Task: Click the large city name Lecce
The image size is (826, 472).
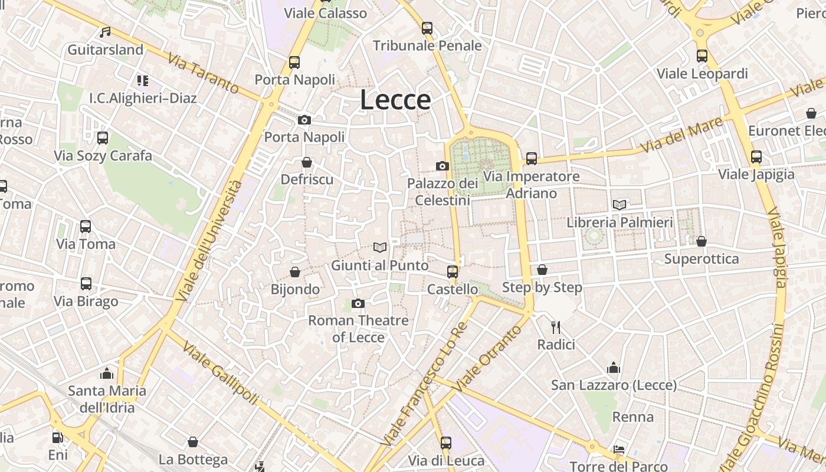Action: click(395, 100)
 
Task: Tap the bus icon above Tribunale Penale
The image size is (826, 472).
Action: click(427, 28)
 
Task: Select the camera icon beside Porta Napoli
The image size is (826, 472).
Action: click(304, 120)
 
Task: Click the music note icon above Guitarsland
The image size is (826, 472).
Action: click(105, 32)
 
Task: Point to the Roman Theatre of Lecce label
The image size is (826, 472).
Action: click(358, 329)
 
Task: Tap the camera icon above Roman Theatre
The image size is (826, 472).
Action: click(358, 303)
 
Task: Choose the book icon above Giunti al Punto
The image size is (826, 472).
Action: click(380, 248)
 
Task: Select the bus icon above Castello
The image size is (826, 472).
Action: click(453, 271)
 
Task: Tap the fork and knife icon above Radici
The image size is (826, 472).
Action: click(555, 327)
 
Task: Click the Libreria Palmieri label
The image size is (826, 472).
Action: click(619, 222)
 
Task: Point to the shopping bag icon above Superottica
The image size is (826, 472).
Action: click(702, 241)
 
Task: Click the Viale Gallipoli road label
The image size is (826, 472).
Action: click(219, 373)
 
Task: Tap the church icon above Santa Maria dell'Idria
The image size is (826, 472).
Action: click(107, 373)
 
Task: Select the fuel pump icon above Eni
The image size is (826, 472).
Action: click(58, 438)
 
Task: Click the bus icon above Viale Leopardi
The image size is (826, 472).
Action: click(702, 56)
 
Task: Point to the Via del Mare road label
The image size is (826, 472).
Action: click(681, 135)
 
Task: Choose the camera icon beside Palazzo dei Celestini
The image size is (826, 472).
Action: click(442, 166)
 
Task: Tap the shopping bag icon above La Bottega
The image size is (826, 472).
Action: click(193, 442)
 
